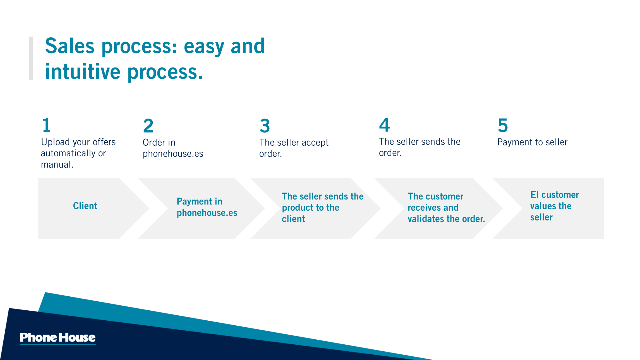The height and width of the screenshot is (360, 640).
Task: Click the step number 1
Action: pos(46,125)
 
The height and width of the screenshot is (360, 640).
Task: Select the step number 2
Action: pos(148,126)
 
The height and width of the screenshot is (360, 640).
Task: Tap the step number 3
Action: pos(265,126)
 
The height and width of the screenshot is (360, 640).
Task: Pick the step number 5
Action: pos(503,125)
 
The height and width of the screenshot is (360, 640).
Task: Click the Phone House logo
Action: pos(58,338)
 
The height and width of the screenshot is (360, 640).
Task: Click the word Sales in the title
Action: pos(70,46)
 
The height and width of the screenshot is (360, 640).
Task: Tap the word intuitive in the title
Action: pos(83,72)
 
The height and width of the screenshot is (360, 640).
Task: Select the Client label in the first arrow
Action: pos(85,206)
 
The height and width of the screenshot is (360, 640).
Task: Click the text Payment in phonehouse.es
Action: pos(207,207)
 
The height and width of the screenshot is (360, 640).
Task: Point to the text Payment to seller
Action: pos(533,142)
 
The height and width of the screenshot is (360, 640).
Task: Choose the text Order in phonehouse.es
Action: pos(173,148)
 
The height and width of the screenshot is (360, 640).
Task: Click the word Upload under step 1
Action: pos(56,142)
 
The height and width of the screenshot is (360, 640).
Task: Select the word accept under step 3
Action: pos(315,143)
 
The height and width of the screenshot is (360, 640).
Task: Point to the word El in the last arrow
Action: pos(534,195)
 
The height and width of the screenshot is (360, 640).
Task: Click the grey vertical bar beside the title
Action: pos(31,58)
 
